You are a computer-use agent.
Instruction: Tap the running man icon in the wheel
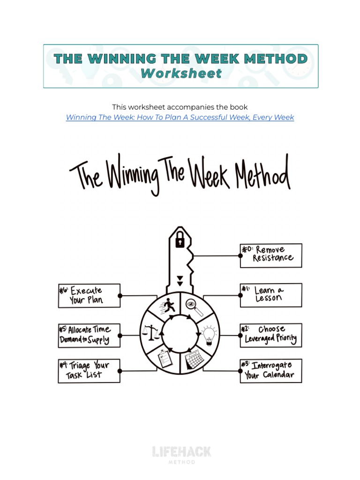[168, 307]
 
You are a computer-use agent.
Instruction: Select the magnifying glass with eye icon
[194, 307]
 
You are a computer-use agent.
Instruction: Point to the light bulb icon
[208, 335]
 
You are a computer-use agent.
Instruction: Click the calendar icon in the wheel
[193, 361]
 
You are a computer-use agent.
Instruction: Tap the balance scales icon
[151, 334]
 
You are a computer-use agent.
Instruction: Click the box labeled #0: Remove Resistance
[271, 255]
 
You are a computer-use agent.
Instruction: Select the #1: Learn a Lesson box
[271, 295]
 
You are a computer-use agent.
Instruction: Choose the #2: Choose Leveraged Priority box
[271, 335]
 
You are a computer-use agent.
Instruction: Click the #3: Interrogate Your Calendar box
[271, 370]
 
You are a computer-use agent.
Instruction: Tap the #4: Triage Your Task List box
[89, 371]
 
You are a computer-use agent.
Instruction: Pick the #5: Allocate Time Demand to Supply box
[89, 335]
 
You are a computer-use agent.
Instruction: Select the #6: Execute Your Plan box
[89, 296]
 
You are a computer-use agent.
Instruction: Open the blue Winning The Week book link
[180, 117]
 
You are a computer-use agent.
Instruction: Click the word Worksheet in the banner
[181, 74]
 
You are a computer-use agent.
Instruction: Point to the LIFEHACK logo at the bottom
[182, 453]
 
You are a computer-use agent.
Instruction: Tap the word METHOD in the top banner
[277, 59]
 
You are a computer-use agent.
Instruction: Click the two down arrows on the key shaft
[180, 281]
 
